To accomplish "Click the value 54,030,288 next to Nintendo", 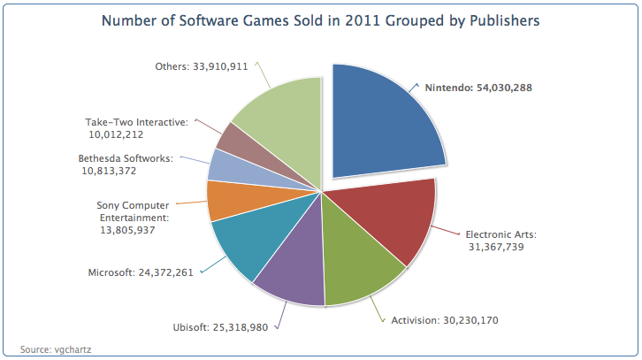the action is tap(504, 88).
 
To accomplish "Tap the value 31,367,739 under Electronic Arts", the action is tap(496, 247).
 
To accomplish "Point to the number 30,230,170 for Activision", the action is tap(470, 320).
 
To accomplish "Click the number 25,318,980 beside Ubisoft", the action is tap(241, 327).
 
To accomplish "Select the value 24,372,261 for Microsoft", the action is tap(166, 272).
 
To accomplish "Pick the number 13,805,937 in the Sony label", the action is tap(127, 230).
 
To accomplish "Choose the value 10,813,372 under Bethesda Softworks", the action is tap(109, 171).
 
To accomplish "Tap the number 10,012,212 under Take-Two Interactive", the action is tap(116, 134).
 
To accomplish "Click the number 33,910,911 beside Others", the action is tap(220, 66).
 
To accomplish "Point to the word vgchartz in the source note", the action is tap(73, 349).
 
